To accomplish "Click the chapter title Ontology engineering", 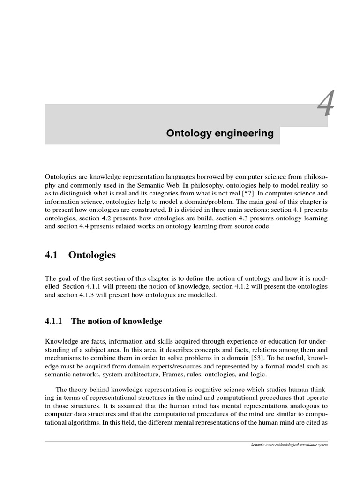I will [220, 134].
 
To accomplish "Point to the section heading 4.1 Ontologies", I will [80, 255].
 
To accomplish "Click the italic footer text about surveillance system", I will [289, 444].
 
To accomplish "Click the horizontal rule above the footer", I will [186, 440].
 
